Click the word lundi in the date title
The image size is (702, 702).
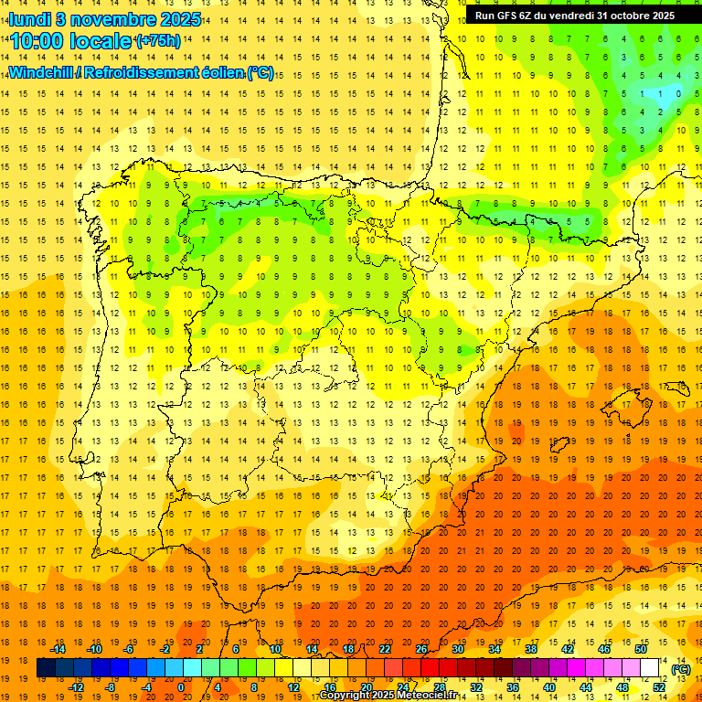30,19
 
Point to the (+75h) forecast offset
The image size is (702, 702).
157,41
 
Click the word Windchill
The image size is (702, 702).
42,72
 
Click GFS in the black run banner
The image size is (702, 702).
512,16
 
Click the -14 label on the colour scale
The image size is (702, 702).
58,649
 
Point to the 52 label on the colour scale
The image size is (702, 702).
659,687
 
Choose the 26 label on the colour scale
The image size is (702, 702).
421,649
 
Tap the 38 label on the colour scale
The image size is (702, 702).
530,649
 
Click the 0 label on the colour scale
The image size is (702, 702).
181,687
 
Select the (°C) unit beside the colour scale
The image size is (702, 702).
681,669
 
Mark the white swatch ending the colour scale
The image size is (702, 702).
650,668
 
